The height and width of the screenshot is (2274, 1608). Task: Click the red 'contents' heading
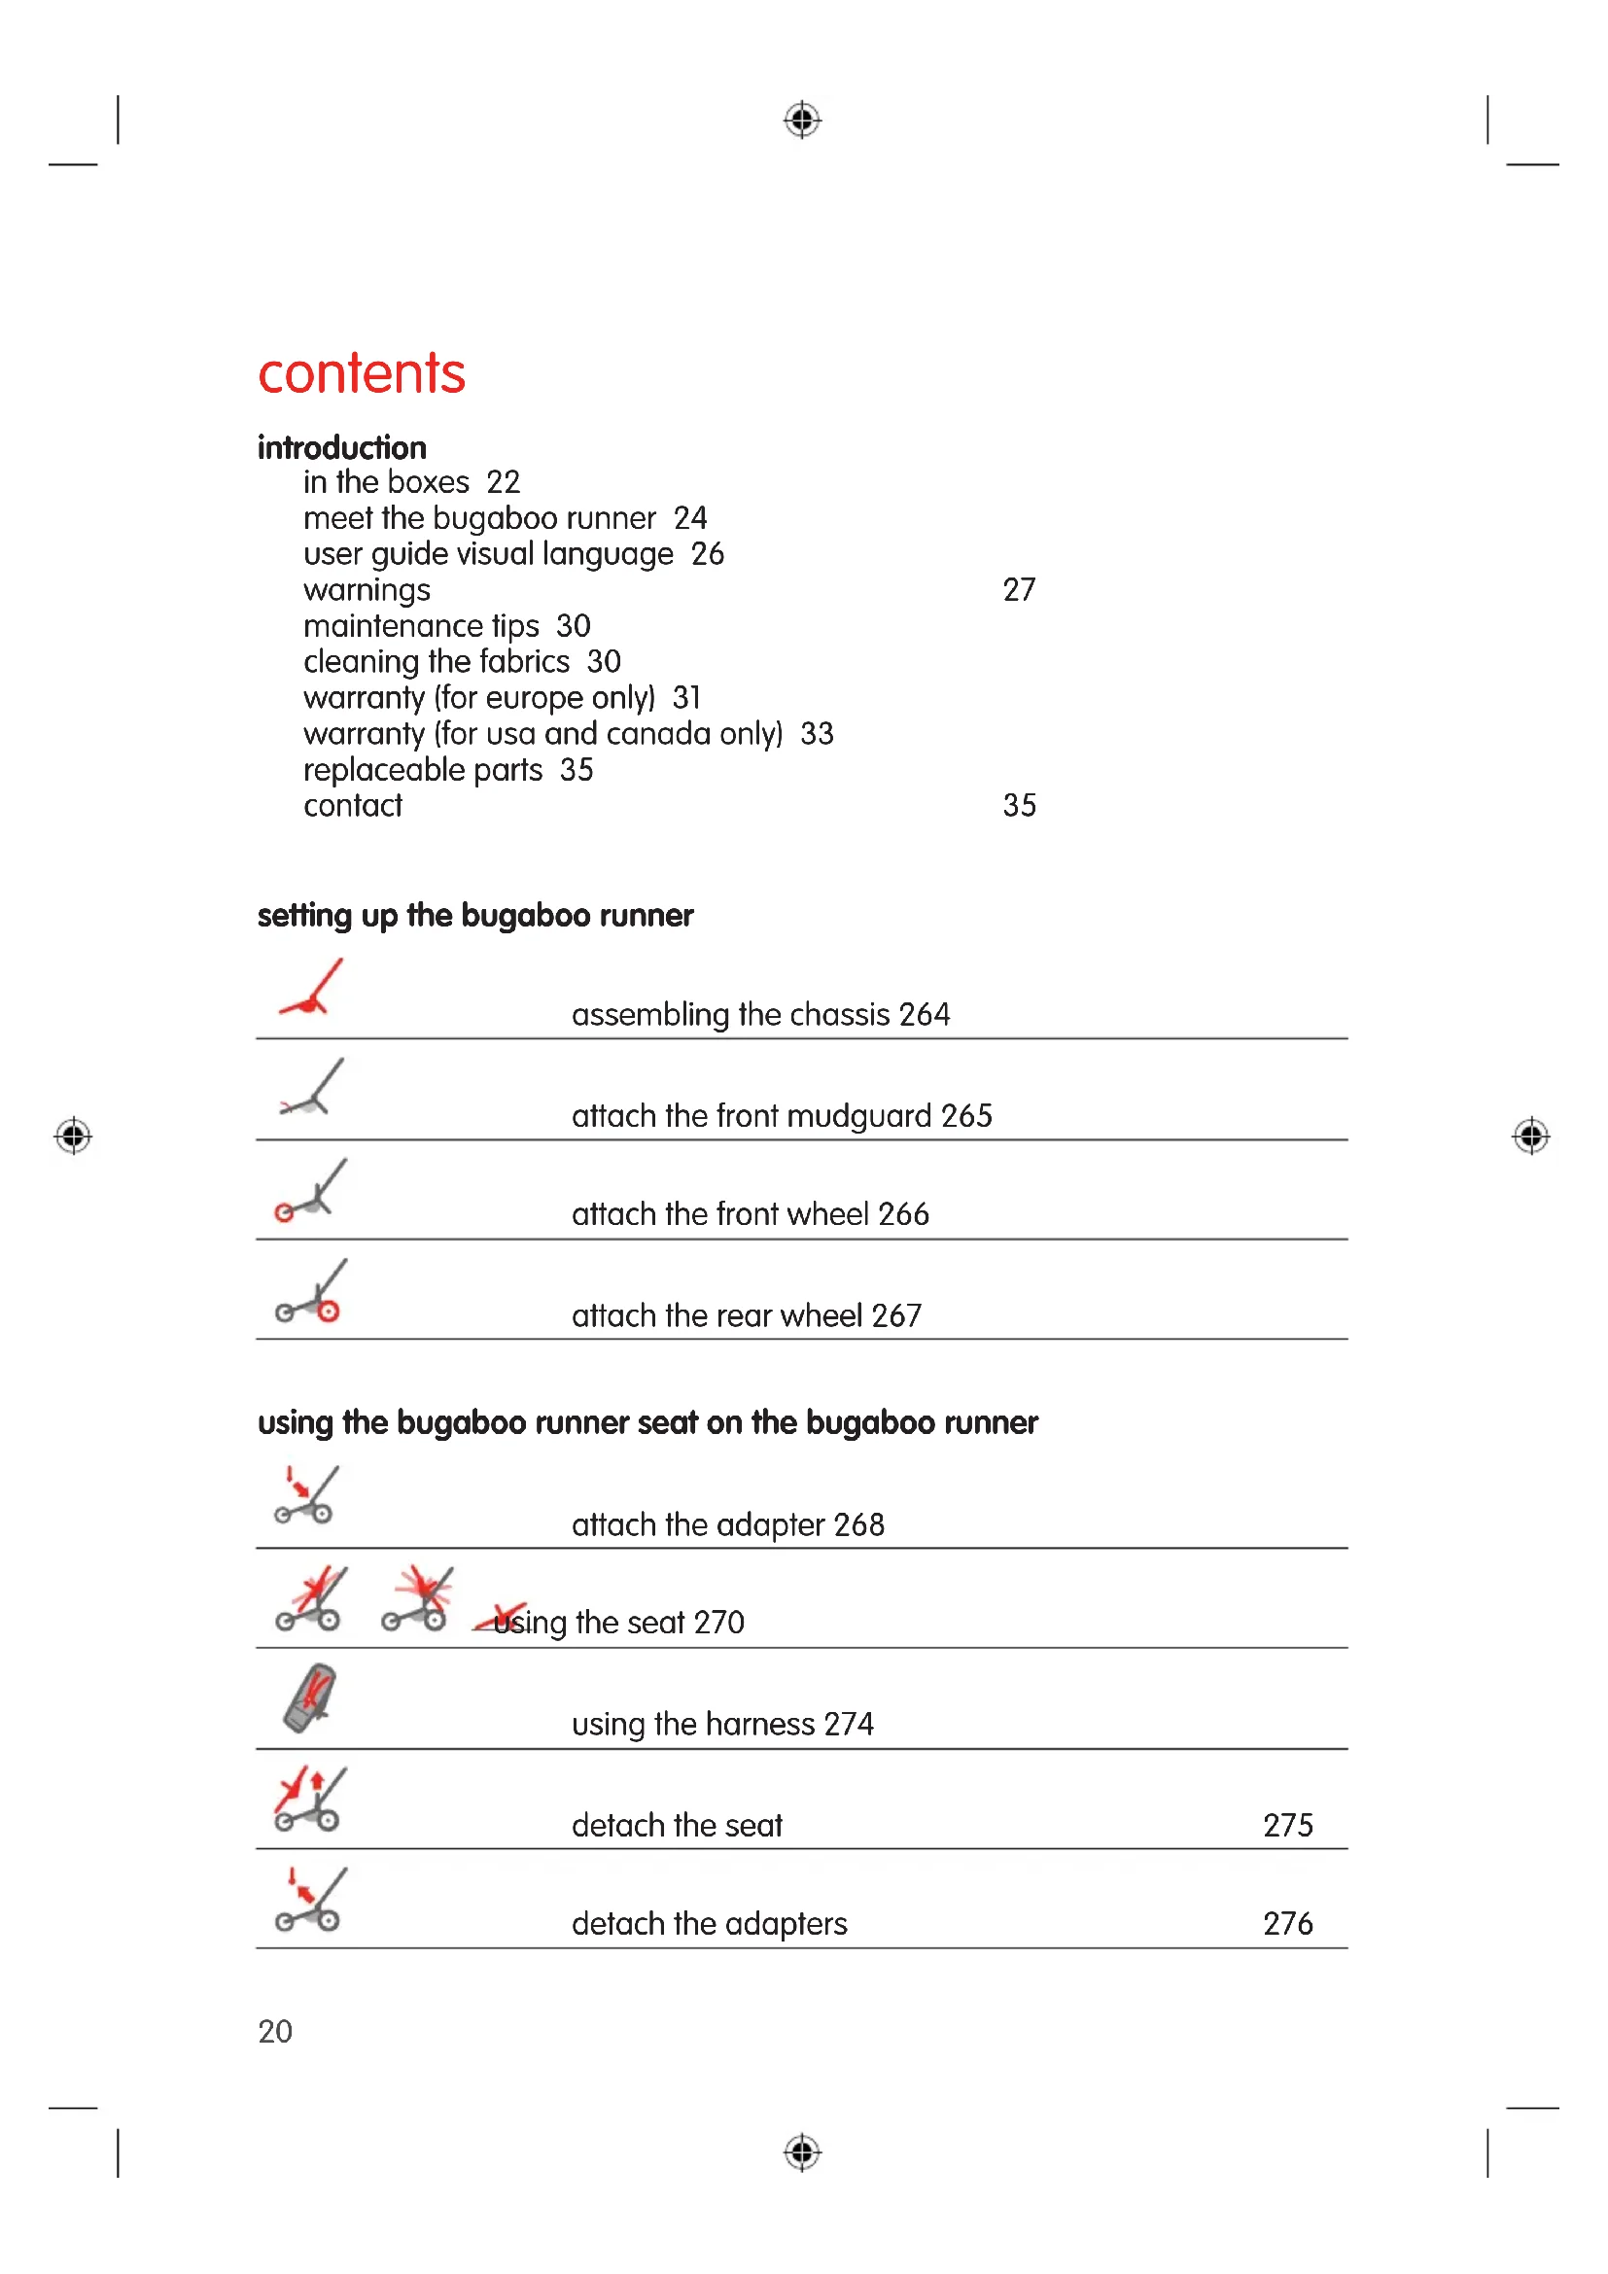361,374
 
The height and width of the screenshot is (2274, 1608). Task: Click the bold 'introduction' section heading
341,447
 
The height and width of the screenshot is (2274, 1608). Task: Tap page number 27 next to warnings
1018,590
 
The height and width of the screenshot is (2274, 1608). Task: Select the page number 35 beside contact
1019,806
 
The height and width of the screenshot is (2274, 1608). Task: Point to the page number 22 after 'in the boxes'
503,482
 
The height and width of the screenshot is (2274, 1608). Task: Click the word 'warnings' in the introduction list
367,590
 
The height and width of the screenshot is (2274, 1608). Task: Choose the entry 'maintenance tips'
421,626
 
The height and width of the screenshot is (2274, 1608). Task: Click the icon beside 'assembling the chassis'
312,989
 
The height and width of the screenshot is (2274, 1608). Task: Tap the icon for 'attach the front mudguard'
312,1089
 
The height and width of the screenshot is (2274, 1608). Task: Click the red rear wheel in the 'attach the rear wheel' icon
329,1312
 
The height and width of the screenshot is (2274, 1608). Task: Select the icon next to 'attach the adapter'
307,1494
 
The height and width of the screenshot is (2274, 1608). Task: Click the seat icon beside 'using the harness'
310,1697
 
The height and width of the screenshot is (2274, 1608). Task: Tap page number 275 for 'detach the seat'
1287,1826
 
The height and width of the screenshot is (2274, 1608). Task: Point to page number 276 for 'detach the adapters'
1287,1923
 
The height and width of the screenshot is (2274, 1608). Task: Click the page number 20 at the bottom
275,2031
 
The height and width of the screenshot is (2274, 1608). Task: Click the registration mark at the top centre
802,120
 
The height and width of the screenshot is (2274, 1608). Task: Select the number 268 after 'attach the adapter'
858,1525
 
